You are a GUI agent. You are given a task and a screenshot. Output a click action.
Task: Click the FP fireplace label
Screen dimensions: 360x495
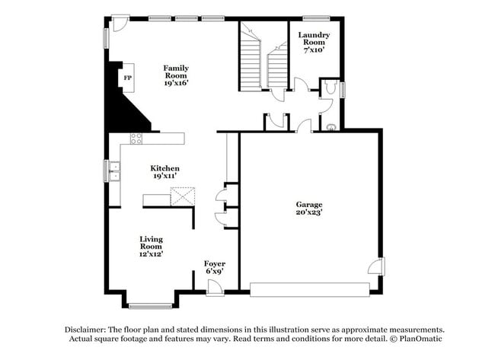(x=127, y=78)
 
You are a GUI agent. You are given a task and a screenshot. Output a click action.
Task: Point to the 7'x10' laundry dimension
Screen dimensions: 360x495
(x=313, y=51)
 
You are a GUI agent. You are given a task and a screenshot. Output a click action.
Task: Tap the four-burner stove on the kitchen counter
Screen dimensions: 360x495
(x=136, y=139)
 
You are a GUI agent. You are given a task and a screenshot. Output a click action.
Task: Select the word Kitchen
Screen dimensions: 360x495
(x=164, y=168)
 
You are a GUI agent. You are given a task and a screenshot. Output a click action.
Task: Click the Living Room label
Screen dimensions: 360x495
(x=151, y=243)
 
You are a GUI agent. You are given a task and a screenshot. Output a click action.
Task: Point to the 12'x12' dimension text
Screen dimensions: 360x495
(x=151, y=254)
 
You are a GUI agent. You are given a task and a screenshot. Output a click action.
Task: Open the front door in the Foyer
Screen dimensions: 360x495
(x=215, y=286)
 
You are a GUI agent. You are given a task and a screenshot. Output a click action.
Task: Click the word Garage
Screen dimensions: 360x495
(x=309, y=204)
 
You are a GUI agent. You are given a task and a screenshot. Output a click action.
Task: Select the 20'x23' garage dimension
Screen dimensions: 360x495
(x=309, y=212)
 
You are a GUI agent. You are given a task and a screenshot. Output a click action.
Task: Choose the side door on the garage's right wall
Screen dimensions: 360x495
(x=375, y=266)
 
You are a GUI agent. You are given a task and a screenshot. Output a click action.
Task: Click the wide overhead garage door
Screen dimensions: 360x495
(x=309, y=289)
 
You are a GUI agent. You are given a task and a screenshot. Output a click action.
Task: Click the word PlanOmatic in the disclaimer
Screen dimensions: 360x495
(x=418, y=338)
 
